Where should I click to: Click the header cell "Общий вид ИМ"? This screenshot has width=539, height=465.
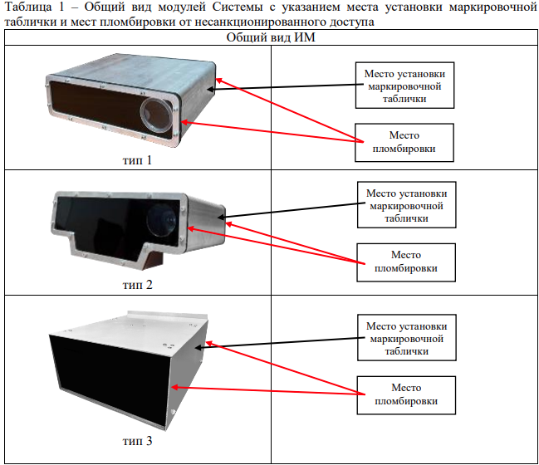272,38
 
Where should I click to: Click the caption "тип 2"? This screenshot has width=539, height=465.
138,285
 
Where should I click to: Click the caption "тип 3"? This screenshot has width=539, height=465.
138,441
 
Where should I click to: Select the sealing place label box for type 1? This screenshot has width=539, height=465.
404,142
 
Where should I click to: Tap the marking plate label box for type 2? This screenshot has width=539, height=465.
406,205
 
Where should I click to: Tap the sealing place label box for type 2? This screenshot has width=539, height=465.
406,262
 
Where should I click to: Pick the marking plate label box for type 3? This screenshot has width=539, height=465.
407,338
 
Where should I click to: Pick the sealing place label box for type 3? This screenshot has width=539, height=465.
407,394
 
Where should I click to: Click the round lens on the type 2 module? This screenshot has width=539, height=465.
159,218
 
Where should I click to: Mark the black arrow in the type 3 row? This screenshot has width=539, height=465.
282,340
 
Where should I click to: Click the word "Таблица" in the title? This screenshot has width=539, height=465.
27,7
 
